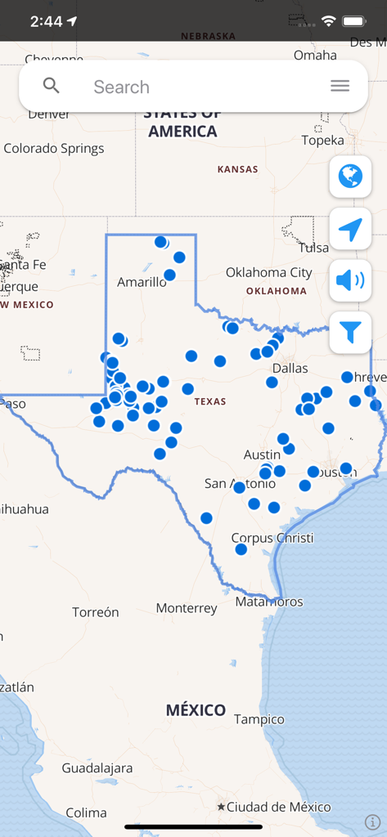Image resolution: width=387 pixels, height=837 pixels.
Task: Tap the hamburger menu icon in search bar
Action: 340,86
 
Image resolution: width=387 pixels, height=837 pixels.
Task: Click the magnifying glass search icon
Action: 52,86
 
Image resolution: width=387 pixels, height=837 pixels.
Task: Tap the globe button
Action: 350,176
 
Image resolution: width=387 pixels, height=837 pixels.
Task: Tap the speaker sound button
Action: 350,281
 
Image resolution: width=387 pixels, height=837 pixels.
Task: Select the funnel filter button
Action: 350,332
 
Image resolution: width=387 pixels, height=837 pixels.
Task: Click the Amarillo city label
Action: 142,282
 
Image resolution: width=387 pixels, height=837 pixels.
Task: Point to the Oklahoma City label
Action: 268,272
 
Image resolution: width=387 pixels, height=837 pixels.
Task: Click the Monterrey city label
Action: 187,608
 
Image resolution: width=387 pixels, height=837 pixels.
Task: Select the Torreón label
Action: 96,612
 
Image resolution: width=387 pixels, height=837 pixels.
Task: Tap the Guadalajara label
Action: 97,768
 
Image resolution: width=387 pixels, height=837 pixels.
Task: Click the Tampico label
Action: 259,719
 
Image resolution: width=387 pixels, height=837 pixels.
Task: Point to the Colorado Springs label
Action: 54,149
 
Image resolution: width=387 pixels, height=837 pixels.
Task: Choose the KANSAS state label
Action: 237,169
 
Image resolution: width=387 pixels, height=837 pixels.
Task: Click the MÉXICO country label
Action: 196,709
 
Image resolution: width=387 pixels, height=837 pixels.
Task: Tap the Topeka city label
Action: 322,140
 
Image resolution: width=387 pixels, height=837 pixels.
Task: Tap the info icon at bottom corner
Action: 372,821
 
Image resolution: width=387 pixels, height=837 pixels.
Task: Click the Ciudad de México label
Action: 278,807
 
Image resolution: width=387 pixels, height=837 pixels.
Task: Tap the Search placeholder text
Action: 121,87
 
